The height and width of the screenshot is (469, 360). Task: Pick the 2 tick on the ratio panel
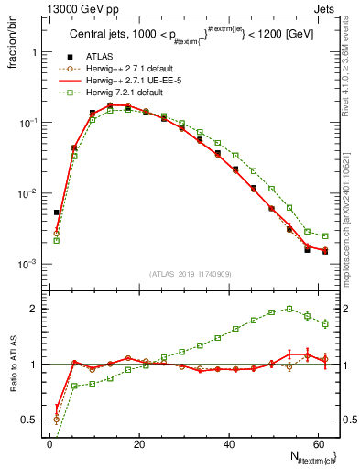pyautogui.click(x=34, y=309)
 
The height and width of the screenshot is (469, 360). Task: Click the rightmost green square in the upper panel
pyautogui.click(x=325, y=236)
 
